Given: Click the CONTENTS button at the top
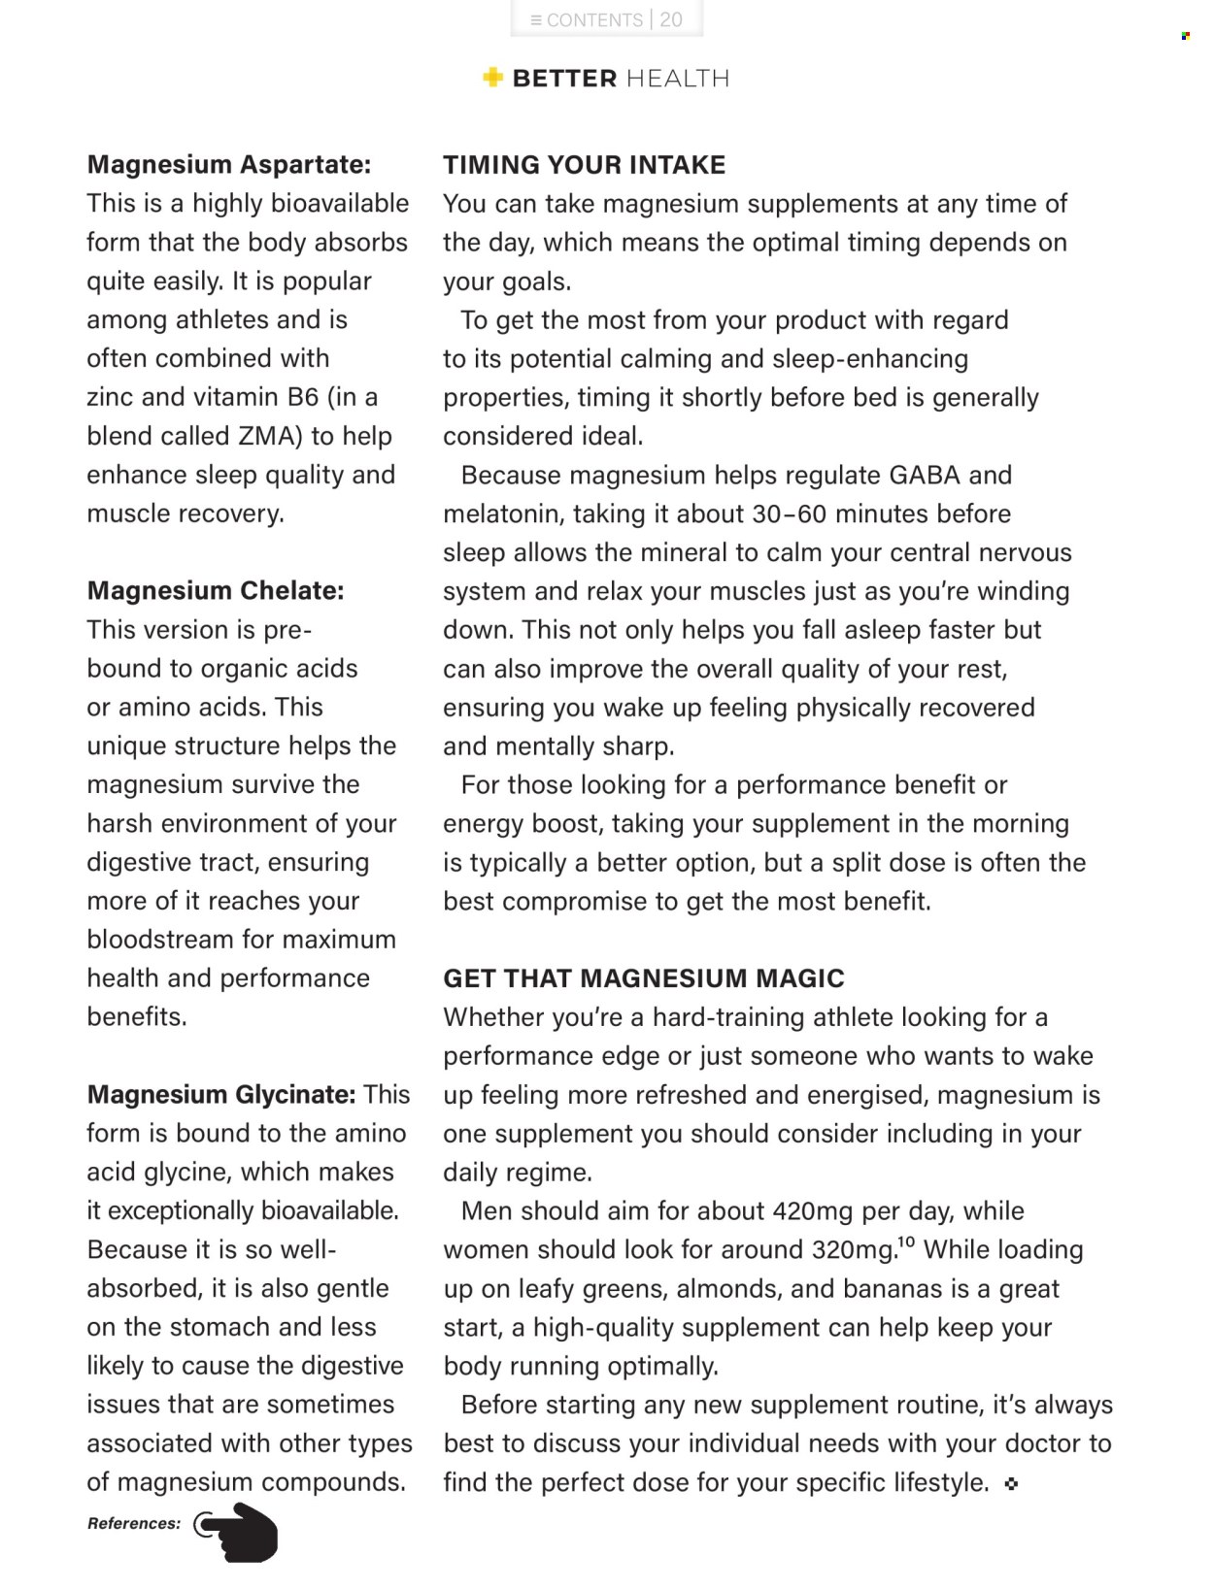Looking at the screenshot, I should [587, 20].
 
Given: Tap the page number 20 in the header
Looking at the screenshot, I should [671, 20].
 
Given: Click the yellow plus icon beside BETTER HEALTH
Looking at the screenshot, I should [493, 78].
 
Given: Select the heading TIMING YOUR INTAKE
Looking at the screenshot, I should [584, 165].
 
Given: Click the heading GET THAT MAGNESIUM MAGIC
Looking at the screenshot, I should [644, 978].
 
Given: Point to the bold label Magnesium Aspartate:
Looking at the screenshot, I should [229, 165].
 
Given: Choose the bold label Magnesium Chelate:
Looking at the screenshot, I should [216, 591].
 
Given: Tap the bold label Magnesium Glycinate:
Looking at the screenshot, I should [221, 1095].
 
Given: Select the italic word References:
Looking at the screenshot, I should [134, 1524].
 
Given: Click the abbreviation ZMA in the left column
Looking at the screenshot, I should [266, 436].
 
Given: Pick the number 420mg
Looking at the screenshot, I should [813, 1211].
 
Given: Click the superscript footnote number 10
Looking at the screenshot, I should [906, 1241].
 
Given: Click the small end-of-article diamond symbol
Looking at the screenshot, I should [1011, 1483].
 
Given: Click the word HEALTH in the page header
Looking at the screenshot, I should [677, 79].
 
